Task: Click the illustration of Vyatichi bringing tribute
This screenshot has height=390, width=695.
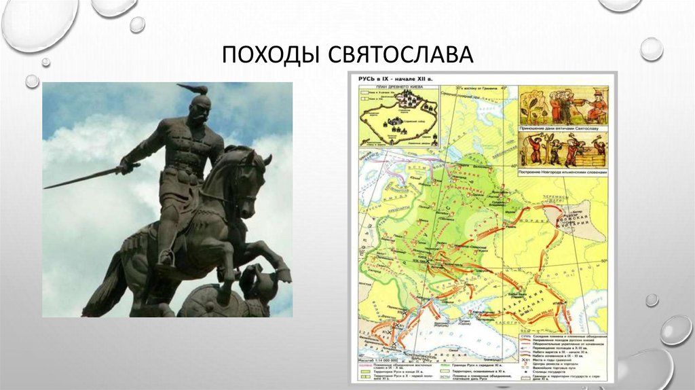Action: point(563,105)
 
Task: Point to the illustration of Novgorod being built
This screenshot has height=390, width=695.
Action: point(563,149)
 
